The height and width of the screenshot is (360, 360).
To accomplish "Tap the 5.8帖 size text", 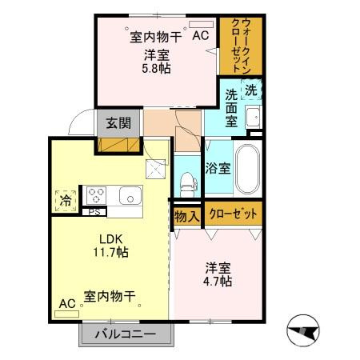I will coord(158,68).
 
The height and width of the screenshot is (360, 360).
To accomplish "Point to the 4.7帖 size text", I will coord(217,282).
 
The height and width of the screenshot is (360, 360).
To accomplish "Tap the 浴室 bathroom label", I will coord(218,168).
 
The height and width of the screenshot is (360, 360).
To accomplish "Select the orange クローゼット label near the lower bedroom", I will coord(234,214).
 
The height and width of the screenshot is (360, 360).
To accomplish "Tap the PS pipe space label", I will coord(94,212).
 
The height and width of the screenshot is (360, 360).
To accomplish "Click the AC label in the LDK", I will coord(66,304).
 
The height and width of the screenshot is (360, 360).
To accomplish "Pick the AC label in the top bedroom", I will coord(199,35).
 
